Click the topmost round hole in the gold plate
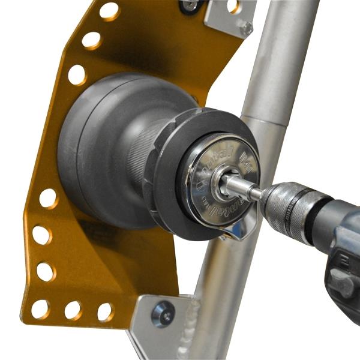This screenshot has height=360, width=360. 109,11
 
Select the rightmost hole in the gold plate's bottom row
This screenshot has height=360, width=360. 105,312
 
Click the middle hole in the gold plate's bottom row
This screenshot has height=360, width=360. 73,310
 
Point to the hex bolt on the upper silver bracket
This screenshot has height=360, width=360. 246,28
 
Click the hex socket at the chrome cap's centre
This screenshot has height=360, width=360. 226,184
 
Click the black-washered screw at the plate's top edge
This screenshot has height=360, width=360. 191,5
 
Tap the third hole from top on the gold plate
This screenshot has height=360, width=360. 77,74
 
